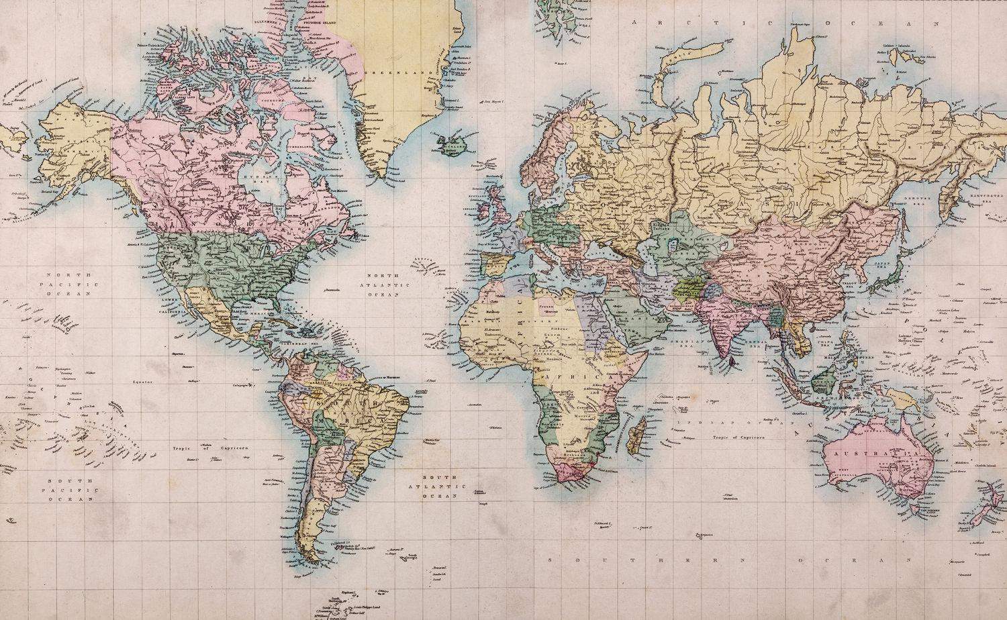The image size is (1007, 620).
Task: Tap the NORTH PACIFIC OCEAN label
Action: coord(68,285)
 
